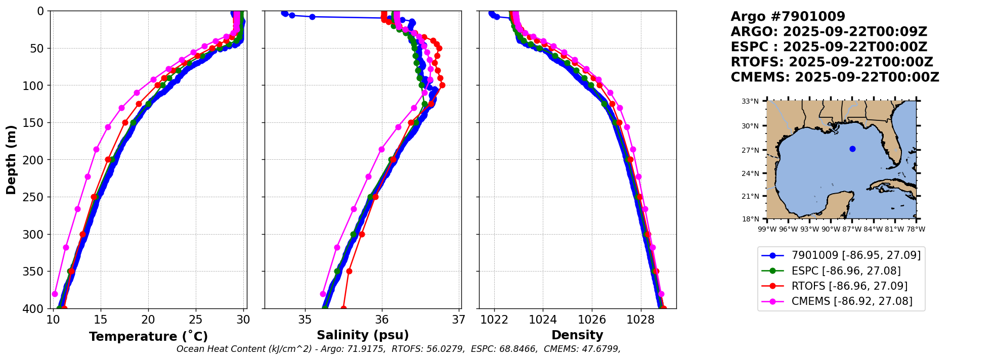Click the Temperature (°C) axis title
(148, 337)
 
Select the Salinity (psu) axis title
(363, 335)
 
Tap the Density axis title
(577, 335)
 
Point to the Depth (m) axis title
(11, 160)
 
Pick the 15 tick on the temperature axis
(100, 320)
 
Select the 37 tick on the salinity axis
(459, 320)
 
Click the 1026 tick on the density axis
(592, 320)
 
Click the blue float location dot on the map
(852, 149)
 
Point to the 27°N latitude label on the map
(750, 150)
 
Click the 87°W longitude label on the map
(852, 229)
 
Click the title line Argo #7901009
(788, 17)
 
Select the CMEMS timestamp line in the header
(835, 77)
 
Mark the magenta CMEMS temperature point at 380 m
(55, 294)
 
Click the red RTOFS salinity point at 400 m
(343, 308)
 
